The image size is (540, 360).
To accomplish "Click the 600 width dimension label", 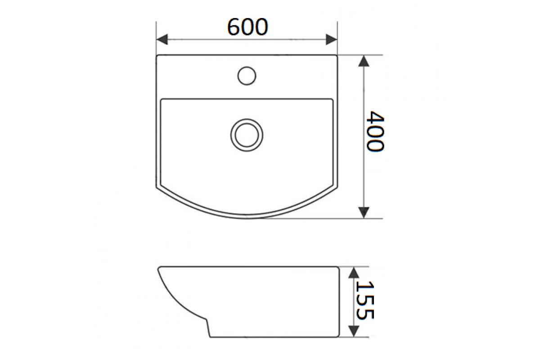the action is point(247,27).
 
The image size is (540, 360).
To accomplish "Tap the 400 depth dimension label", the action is point(375,131).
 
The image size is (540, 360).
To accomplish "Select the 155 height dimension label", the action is point(365,300).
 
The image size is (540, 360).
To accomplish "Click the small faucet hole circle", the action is point(247,76).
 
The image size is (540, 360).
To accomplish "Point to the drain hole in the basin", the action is point(247,135).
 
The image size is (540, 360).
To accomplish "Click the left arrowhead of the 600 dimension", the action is point(162,39).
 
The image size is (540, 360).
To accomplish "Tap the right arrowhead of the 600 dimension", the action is point(332,39).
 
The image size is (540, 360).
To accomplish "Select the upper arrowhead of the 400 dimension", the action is point(364,61).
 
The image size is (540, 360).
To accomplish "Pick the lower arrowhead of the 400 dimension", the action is point(364,212).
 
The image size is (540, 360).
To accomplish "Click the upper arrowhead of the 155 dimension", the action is point(354,272).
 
